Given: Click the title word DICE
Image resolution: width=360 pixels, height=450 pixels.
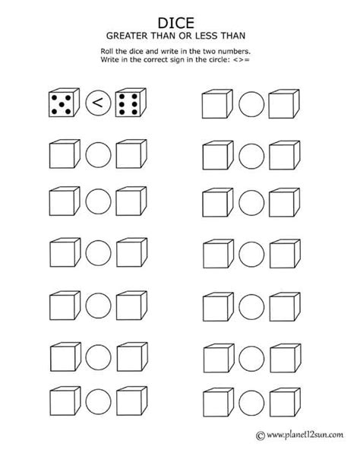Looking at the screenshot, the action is coord(176,24).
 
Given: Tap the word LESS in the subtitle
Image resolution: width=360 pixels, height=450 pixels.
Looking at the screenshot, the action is coord(207,36).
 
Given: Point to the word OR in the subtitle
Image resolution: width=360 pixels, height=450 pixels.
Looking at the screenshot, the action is coord(185,36).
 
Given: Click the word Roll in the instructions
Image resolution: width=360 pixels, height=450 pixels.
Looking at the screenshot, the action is coord(106,52).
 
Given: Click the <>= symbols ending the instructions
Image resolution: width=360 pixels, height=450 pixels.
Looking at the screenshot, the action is coord(242,60).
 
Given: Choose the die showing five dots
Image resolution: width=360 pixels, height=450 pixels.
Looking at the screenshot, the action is coord(64,103).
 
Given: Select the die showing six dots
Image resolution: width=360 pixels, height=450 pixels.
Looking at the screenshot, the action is coord(131,103).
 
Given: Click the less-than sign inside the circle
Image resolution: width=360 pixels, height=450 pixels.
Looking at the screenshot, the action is coord(98,103).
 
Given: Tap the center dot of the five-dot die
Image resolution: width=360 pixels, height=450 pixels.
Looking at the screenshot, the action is coord(62,105).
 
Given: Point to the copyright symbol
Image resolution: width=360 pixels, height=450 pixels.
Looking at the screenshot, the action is coord(261,436).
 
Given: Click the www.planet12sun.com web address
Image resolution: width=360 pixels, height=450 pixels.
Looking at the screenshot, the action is coord(305,436).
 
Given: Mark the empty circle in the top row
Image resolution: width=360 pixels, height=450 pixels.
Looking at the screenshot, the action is coord(251,104).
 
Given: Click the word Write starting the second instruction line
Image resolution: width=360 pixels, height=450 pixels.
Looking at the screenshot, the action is coord(108,60).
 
